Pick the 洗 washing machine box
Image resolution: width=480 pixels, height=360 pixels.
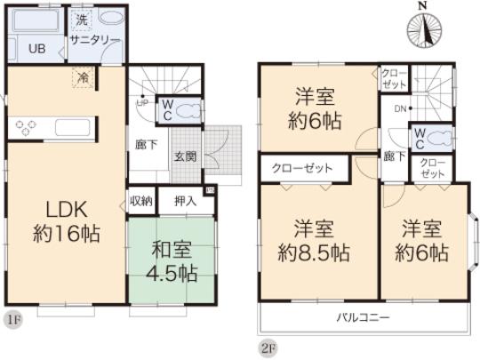click(x=81, y=19)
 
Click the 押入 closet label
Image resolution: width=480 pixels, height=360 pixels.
click(x=185, y=201)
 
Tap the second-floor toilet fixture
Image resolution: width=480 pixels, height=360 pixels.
click(x=439, y=137)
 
